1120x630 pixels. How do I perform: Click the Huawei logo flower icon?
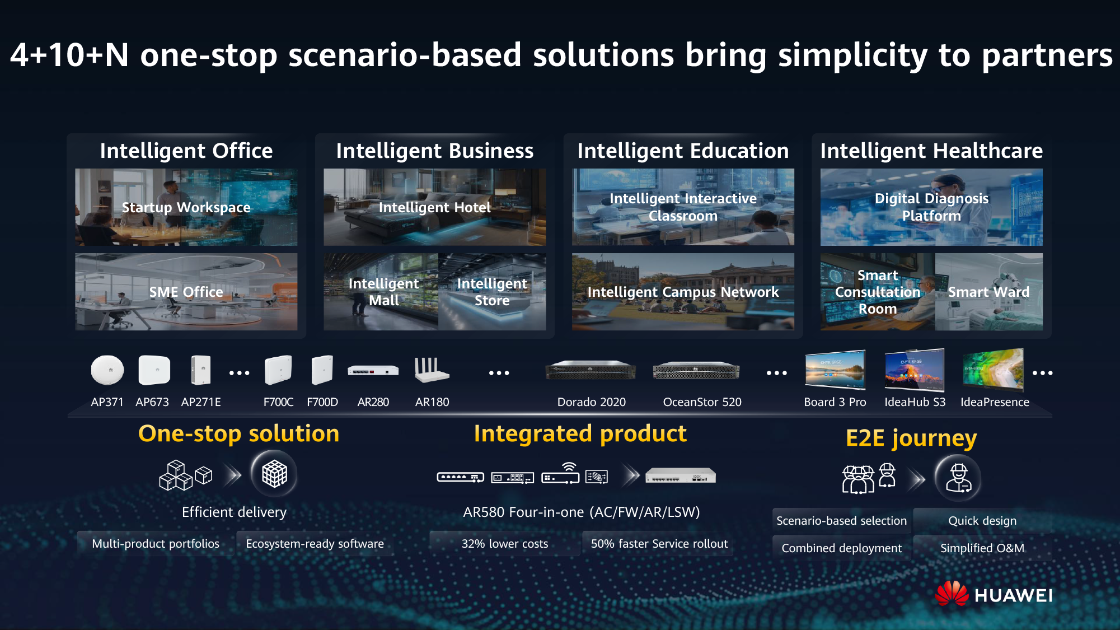(952, 594)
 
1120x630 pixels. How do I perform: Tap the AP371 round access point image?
(107, 370)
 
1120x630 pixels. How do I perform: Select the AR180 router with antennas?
(431, 370)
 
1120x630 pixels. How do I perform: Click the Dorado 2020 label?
(591, 402)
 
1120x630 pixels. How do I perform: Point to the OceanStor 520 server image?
(696, 371)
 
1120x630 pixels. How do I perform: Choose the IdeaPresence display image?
(993, 370)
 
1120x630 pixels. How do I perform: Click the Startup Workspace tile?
(186, 207)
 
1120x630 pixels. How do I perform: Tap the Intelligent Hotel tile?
(434, 207)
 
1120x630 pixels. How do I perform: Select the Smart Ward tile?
(988, 292)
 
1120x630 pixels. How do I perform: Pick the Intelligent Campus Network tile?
(683, 292)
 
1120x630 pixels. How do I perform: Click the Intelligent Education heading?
(683, 151)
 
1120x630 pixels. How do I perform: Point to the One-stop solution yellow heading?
(238, 433)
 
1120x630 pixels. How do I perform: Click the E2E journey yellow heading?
(911, 438)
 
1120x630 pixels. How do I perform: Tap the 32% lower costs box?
(504, 544)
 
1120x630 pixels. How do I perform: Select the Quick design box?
(982, 521)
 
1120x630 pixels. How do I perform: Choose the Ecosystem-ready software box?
(315, 544)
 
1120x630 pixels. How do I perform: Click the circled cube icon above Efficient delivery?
(274, 474)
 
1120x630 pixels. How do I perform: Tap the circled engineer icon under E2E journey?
(958, 478)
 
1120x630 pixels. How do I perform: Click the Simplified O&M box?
(982, 548)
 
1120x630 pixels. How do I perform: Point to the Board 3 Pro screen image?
(835, 370)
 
